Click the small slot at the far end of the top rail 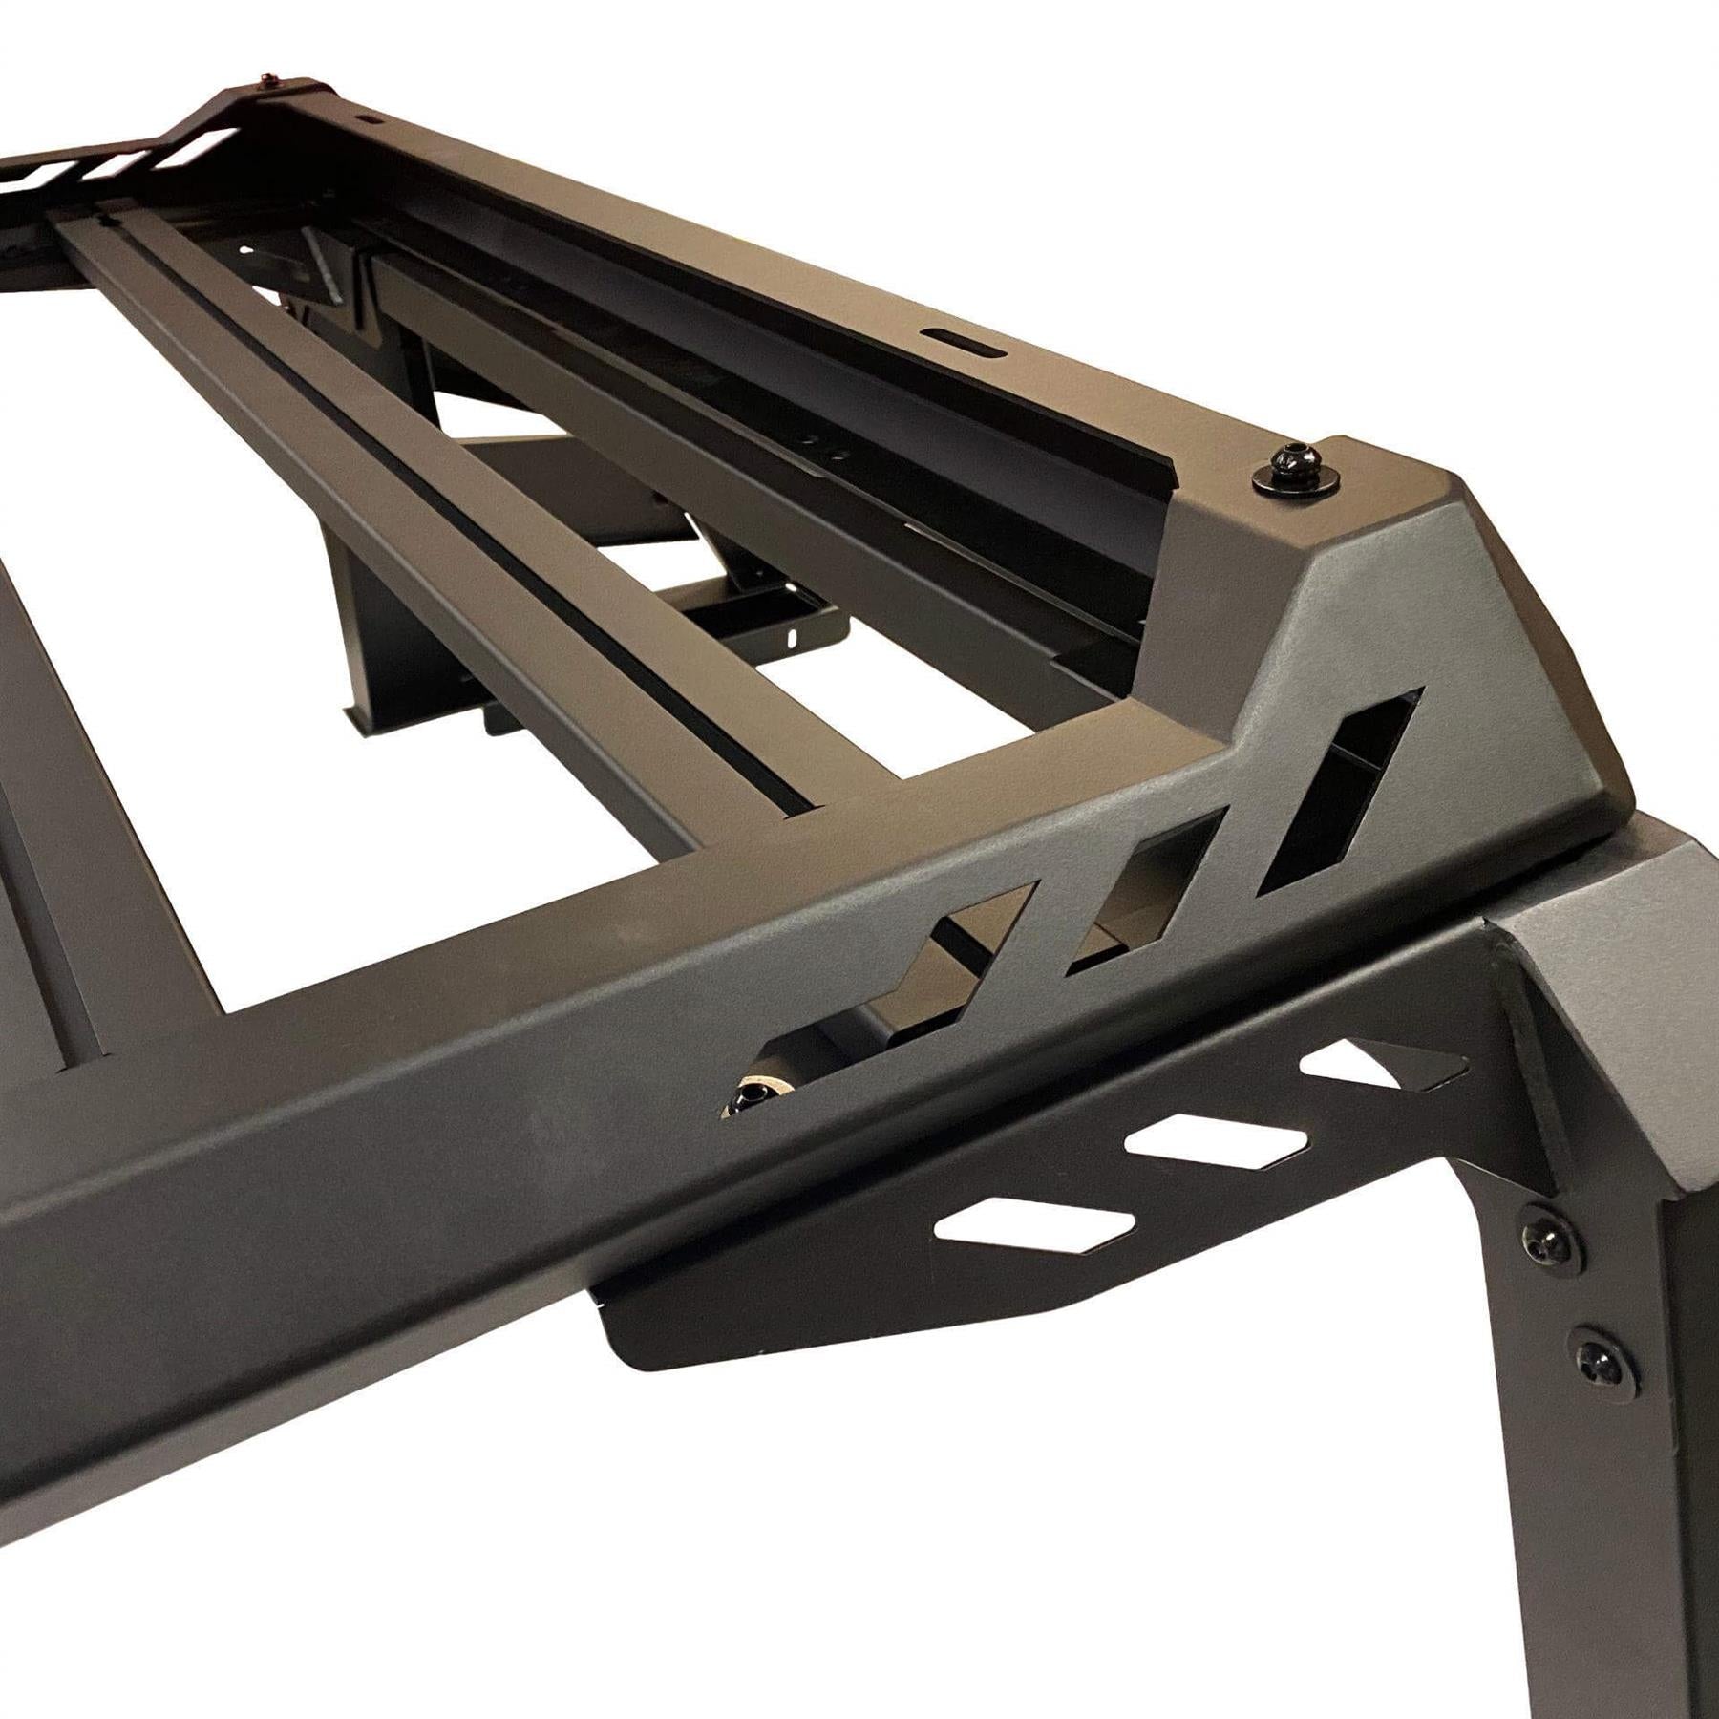coord(368,122)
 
